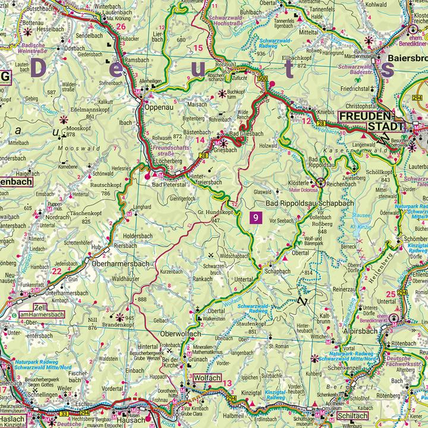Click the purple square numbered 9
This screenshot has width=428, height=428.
click(255, 218)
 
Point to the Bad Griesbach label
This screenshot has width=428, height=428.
click(246, 135)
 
